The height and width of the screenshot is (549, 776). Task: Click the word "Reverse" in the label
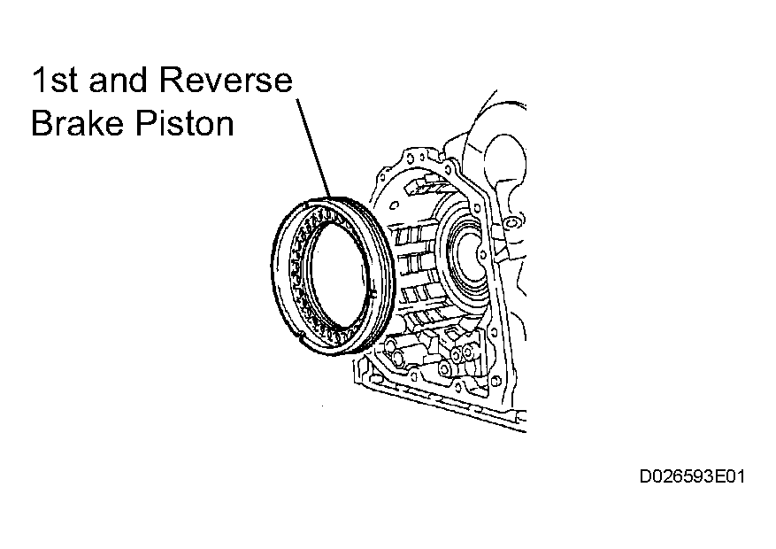click(x=226, y=80)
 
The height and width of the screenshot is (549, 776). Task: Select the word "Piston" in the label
click(x=185, y=122)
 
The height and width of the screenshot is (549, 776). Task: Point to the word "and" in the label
click(x=118, y=80)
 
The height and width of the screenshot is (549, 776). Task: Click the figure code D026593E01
click(x=692, y=476)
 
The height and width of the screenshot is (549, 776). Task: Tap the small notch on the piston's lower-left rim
click(x=302, y=339)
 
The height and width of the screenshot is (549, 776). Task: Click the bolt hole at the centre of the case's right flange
click(x=483, y=254)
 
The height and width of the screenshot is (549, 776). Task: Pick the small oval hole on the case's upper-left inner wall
click(x=395, y=205)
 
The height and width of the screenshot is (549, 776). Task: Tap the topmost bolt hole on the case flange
click(x=411, y=157)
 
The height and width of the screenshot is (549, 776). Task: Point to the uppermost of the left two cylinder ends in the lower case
click(x=391, y=343)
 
